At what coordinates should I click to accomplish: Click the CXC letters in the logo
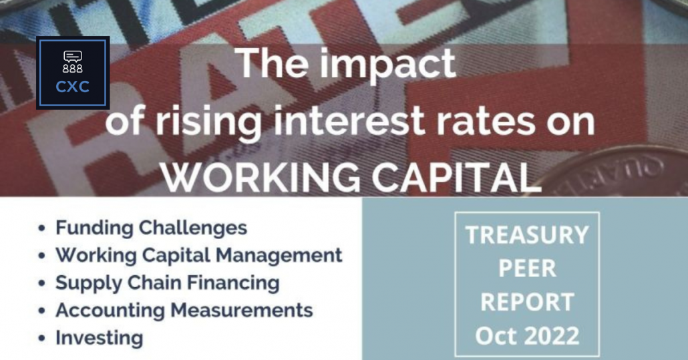[x=72, y=86]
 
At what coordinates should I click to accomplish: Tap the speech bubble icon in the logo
[x=72, y=57]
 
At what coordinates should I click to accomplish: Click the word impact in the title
[x=387, y=65]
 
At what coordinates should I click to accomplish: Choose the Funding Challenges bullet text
[x=152, y=228]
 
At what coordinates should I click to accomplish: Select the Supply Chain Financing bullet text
[x=167, y=283]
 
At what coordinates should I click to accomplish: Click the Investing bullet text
[x=99, y=338]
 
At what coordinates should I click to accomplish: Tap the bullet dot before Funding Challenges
[x=41, y=228]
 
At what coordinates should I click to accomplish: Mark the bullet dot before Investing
[x=41, y=338]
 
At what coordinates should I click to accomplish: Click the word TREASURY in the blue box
[x=527, y=234]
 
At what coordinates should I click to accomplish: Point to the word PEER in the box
[x=527, y=268]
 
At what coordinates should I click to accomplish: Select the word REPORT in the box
[x=527, y=302]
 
